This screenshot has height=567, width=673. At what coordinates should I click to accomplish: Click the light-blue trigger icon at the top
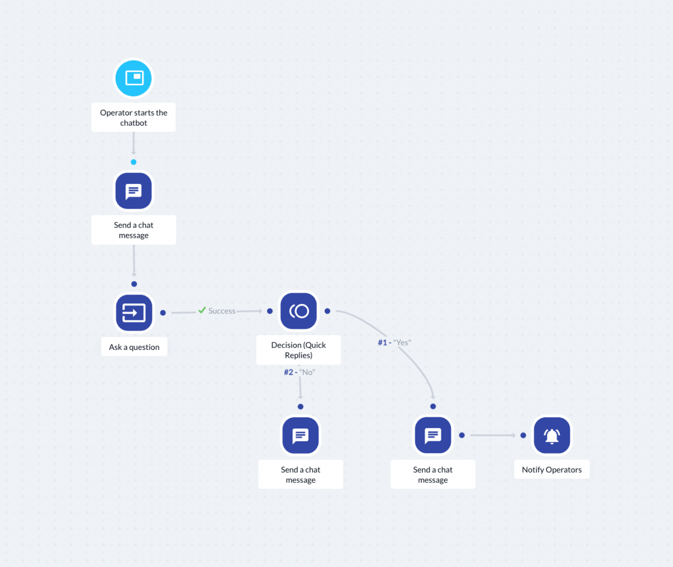(x=133, y=78)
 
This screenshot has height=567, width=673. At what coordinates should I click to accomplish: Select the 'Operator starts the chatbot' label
(x=133, y=117)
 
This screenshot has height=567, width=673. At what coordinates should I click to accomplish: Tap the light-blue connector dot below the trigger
(x=133, y=162)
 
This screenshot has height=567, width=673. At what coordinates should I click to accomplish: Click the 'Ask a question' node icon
(x=134, y=312)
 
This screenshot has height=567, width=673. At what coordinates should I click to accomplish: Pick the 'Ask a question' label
(x=134, y=347)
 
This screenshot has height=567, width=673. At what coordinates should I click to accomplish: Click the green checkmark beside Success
(x=202, y=310)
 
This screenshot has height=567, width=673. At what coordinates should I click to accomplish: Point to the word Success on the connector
(x=222, y=311)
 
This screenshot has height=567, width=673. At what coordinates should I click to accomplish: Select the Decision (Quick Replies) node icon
(x=298, y=311)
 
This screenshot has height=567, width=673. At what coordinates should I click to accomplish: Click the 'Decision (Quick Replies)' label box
(x=298, y=350)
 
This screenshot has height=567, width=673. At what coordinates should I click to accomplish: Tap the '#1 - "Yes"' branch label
(x=394, y=342)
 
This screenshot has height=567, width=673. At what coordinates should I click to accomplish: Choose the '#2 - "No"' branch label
(x=299, y=372)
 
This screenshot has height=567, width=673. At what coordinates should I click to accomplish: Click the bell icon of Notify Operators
(x=552, y=435)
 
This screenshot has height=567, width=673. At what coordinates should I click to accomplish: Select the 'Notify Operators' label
(x=552, y=469)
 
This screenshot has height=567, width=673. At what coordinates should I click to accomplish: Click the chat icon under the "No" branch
(x=301, y=435)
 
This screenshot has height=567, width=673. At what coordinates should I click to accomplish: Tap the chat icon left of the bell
(x=433, y=435)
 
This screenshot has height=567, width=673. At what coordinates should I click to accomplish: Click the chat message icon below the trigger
(x=133, y=191)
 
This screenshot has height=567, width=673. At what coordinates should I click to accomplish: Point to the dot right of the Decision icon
(x=327, y=311)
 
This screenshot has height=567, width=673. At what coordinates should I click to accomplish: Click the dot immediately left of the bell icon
(x=523, y=435)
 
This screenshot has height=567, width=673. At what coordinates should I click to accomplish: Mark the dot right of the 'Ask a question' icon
(x=163, y=313)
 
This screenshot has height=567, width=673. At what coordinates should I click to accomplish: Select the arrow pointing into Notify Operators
(x=493, y=435)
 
